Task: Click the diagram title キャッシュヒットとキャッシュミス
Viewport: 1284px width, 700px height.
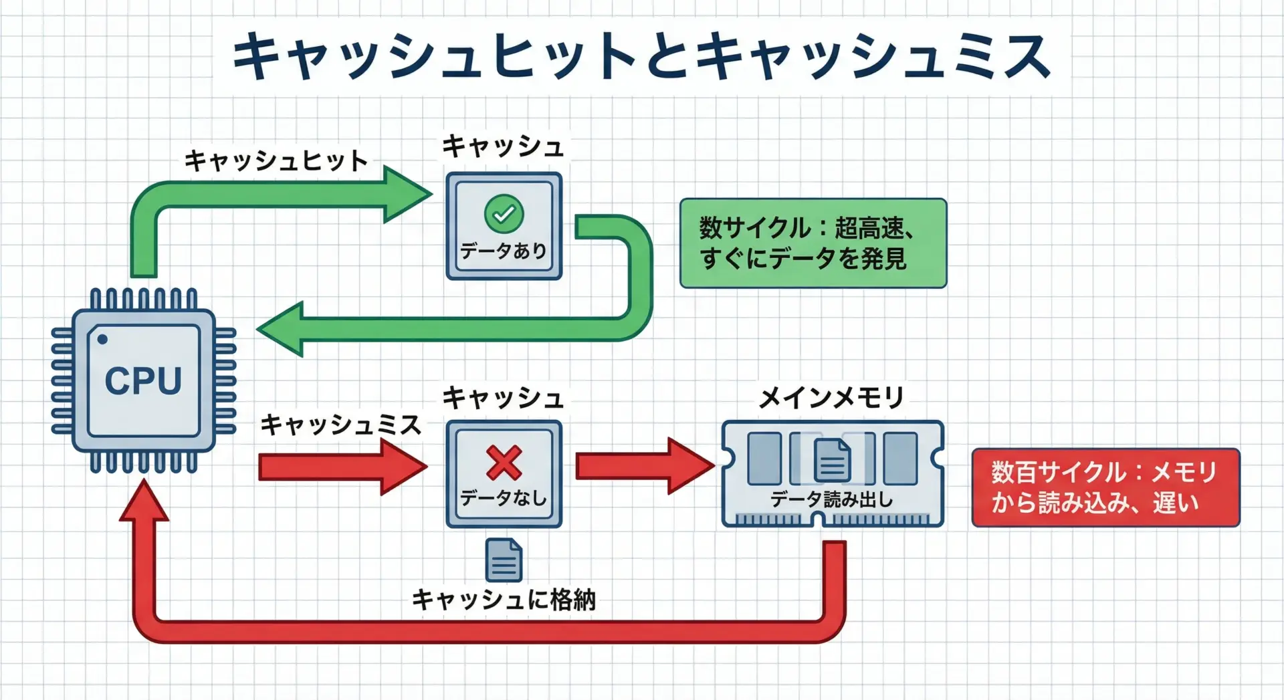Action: [641, 56]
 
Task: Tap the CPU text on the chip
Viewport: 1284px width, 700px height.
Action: [143, 381]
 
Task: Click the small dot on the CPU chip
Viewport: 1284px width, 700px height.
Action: [102, 340]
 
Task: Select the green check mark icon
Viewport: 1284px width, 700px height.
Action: [504, 214]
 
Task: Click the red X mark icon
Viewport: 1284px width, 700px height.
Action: [504, 463]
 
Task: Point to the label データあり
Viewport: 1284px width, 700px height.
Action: [504, 251]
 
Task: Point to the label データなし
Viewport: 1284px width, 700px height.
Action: [504, 498]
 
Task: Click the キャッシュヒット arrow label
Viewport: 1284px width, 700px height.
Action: [276, 160]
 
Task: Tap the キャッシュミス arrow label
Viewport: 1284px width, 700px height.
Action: [340, 425]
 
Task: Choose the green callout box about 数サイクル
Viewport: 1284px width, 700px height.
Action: [813, 243]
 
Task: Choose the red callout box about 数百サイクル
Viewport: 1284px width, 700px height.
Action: [1105, 487]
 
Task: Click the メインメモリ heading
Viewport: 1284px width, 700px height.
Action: [831, 398]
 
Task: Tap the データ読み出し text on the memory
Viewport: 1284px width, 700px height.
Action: [831, 499]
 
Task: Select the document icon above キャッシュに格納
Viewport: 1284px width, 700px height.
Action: [504, 560]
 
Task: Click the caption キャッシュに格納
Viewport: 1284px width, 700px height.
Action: [504, 600]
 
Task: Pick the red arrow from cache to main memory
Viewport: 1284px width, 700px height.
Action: [642, 466]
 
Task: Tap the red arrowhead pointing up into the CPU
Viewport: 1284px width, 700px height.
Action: [144, 501]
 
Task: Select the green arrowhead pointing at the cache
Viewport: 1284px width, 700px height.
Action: [405, 195]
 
